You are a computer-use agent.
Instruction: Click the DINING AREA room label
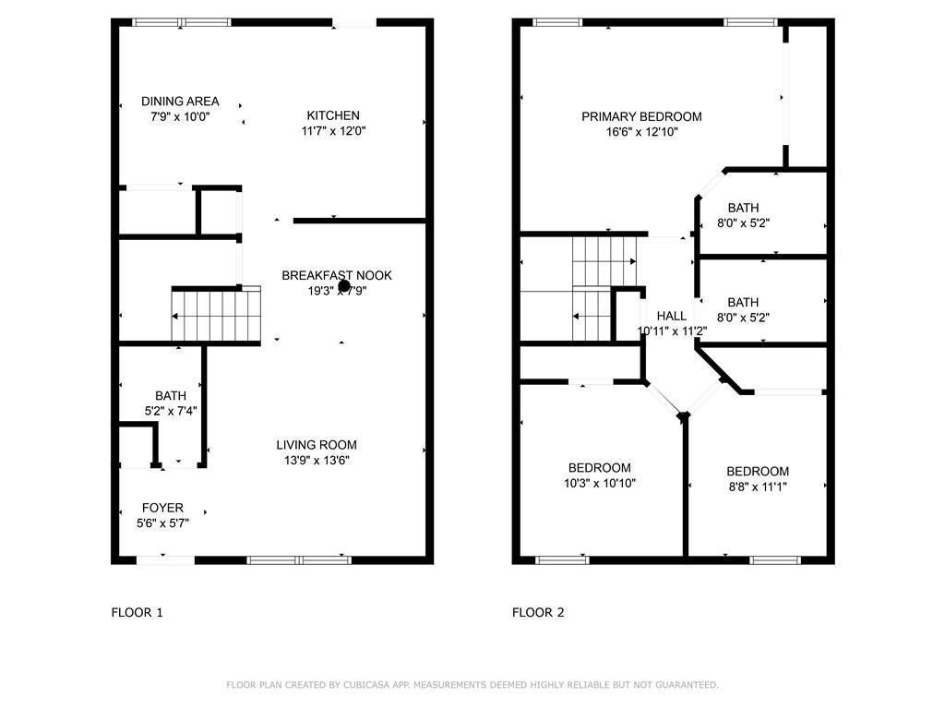[x=180, y=102]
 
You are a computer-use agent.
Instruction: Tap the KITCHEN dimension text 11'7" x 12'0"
[x=333, y=131]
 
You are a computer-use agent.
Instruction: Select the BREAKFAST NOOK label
[x=336, y=275]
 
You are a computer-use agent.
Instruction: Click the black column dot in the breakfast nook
[x=343, y=287]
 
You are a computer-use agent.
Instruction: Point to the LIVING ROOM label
[x=317, y=445]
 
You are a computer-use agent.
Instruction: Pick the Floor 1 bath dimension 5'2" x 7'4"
[x=170, y=412]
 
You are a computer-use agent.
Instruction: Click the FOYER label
[x=162, y=508]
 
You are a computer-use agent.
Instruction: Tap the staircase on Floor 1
[x=216, y=315]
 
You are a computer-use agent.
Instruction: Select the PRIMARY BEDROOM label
[x=641, y=116]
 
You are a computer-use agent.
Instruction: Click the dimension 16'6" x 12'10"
[x=641, y=132]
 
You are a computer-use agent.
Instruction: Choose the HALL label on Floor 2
[x=671, y=316]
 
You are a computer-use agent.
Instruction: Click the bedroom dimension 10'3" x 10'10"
[x=600, y=483]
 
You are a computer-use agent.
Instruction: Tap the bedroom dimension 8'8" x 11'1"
[x=758, y=487]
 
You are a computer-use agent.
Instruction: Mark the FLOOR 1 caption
[x=137, y=612]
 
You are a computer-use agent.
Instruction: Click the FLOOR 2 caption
[x=538, y=612]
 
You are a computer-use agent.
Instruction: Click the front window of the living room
[x=300, y=559]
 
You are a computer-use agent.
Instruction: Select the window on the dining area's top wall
[x=182, y=22]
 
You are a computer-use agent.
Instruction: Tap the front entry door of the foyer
[x=165, y=559]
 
